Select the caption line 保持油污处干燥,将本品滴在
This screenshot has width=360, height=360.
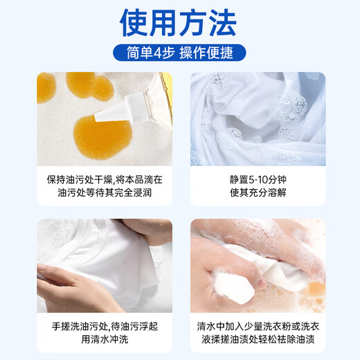tap(105, 179)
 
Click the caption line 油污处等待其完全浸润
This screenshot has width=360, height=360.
tap(105, 192)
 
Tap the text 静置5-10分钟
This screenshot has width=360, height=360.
tap(258, 179)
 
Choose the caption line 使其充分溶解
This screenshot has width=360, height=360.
tap(258, 192)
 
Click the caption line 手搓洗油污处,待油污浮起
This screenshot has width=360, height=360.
tap(105, 324)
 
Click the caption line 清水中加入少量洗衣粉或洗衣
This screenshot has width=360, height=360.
tap(258, 324)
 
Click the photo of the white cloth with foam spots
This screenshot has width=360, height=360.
tap(258, 119)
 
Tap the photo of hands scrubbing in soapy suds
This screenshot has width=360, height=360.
tap(258, 266)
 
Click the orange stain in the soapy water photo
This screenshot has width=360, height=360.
tap(315, 285)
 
